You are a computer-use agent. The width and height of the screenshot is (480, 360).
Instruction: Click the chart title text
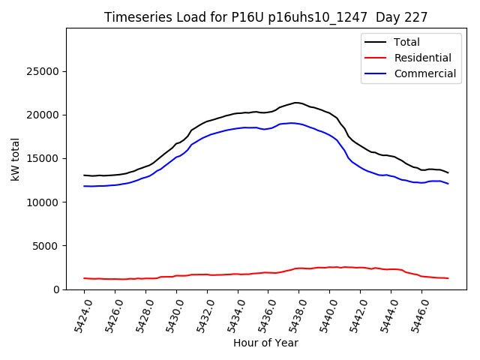[x=266, y=17]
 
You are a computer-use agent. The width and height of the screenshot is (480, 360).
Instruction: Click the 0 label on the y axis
[x=56, y=289]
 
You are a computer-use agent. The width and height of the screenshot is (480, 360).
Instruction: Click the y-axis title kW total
[x=16, y=159]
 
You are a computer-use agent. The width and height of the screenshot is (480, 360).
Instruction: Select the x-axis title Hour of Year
[x=265, y=343]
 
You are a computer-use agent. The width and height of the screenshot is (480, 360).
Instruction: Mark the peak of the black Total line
[x=296, y=103]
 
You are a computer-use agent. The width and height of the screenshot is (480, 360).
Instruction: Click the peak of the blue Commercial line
[x=291, y=123]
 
